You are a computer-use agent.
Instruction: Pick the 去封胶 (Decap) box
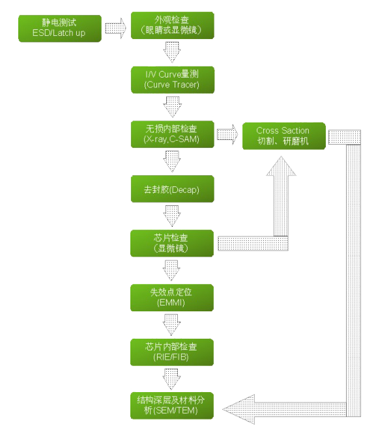pos(173,189)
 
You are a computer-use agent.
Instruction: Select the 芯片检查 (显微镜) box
pos(173,243)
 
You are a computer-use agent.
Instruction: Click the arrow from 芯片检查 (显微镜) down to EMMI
pos(173,268)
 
